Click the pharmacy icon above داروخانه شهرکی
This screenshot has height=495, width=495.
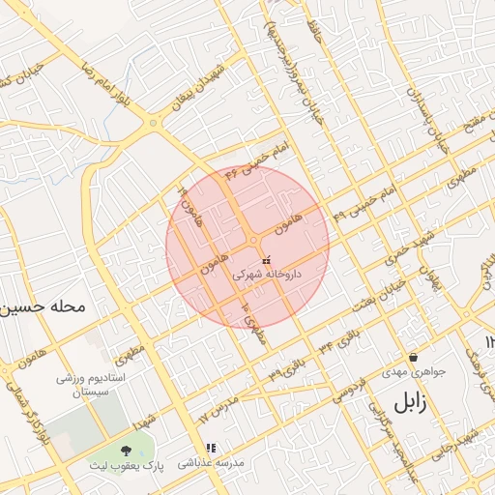pos(267,259)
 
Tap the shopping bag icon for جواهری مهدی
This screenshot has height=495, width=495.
pos(413,357)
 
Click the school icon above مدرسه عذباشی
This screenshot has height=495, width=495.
pos(211,448)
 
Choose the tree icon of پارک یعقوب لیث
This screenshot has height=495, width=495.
pos(126,450)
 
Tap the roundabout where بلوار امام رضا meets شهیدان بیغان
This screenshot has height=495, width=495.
pos(155,123)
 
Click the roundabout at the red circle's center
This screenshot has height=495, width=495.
pos(253,239)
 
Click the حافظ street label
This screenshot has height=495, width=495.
pos(315,34)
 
